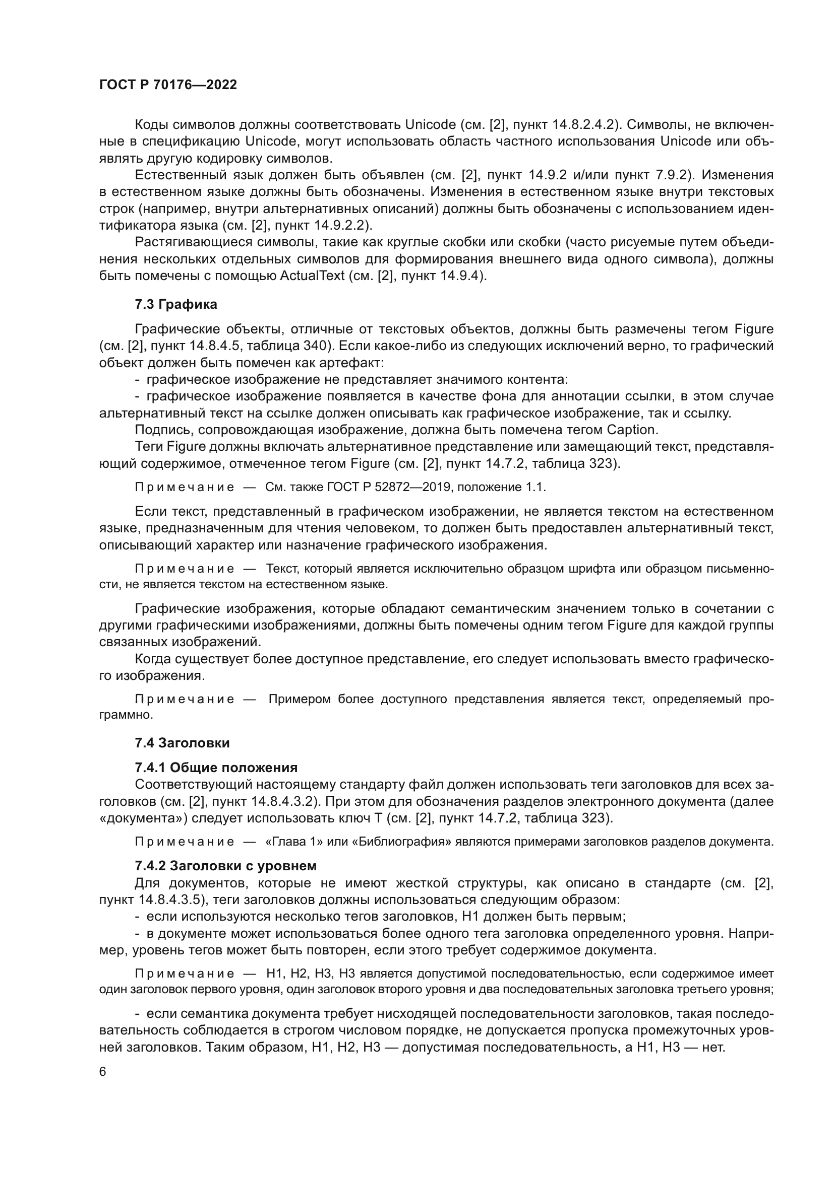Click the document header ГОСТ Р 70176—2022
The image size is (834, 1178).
click(168, 85)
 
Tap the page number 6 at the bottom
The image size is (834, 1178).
click(103, 1072)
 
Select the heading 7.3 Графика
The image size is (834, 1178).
click(175, 304)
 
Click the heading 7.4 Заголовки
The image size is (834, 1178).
click(182, 743)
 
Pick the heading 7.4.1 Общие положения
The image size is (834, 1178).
click(216, 768)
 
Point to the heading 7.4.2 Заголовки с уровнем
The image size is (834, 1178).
click(225, 866)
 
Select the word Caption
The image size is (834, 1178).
click(632, 430)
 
